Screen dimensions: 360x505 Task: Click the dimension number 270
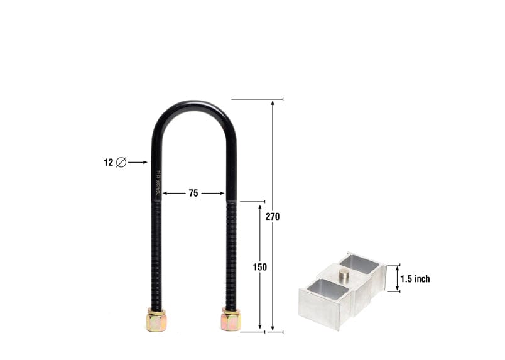pyautogui.click(x=273, y=217)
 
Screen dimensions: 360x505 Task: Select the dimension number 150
pyautogui.click(x=260, y=267)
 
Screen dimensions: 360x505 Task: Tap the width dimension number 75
pyautogui.click(x=193, y=194)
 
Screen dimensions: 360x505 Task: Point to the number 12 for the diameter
pyautogui.click(x=108, y=162)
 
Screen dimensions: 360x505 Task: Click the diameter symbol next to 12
pyautogui.click(x=121, y=162)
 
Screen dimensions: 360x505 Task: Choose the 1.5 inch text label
pyautogui.click(x=415, y=279)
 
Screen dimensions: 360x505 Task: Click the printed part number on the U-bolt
pyautogui.click(x=157, y=183)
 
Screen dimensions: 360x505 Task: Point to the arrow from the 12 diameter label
pyautogui.click(x=138, y=162)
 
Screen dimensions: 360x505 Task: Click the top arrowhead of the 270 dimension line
pyautogui.click(x=273, y=103)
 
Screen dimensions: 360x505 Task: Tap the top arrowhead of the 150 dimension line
pyautogui.click(x=260, y=206)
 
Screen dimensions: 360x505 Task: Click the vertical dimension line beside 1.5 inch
pyautogui.click(x=396, y=278)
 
